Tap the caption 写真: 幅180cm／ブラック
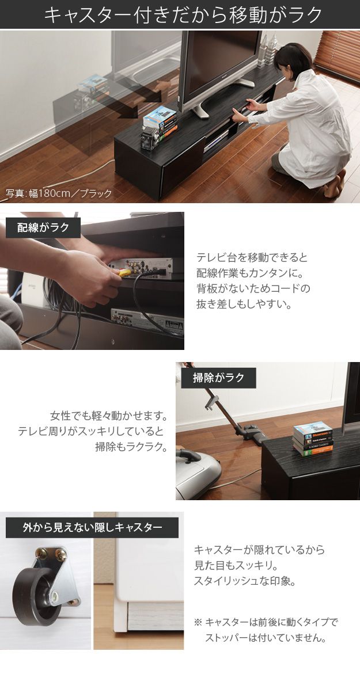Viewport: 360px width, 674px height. click(59, 193)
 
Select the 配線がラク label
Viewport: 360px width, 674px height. click(43, 227)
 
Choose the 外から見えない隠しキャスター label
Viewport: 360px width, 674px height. click(92, 527)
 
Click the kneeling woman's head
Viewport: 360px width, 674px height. click(288, 58)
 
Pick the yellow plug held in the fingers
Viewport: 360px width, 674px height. click(123, 274)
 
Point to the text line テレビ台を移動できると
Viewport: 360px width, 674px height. click(252, 258)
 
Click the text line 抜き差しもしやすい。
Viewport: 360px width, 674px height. click(244, 303)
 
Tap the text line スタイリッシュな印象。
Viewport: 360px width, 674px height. click(245, 581)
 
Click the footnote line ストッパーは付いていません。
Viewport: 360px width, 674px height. click(267, 638)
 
